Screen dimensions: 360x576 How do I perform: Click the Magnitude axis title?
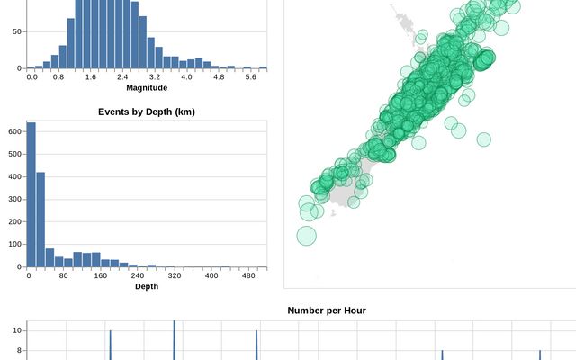click(x=147, y=87)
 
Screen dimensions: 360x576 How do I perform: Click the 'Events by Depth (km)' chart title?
click(x=147, y=112)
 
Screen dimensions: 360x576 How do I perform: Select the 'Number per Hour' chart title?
click(x=327, y=310)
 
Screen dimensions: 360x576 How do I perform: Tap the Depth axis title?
click(x=147, y=286)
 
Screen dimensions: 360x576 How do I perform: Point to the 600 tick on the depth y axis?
click(x=15, y=131)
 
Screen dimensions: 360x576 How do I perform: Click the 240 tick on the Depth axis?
click(x=137, y=275)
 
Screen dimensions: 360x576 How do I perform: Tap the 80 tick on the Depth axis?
click(x=63, y=275)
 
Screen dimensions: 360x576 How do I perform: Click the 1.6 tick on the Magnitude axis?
click(x=90, y=77)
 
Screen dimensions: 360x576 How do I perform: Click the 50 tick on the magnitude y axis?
click(x=16, y=31)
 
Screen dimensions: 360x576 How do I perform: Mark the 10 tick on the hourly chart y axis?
click(x=17, y=331)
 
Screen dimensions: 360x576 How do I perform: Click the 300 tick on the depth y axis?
click(x=15, y=199)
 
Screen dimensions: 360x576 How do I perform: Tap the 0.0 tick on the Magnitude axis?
click(x=32, y=77)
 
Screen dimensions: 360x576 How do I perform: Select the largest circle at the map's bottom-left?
click(x=307, y=236)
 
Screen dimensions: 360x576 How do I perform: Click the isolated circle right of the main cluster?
click(x=484, y=139)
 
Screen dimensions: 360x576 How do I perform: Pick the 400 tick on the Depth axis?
click(x=211, y=275)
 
